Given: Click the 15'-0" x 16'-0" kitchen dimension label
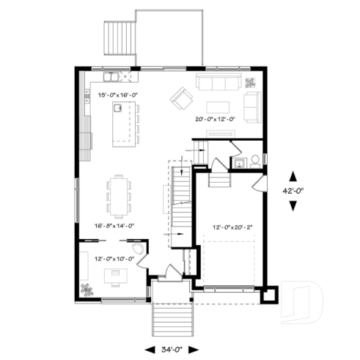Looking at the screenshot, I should tap(118, 95).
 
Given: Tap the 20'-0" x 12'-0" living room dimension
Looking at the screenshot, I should tap(215, 119).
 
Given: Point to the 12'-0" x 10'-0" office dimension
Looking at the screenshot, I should tap(111, 257).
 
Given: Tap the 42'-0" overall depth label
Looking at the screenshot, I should tap(294, 191).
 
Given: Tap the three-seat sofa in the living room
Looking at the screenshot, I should tap(217, 81).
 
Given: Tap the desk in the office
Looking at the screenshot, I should tap(114, 275).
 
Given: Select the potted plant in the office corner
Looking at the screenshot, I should tap(89, 288).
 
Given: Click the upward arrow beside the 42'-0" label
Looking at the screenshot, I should tap(294, 176).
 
